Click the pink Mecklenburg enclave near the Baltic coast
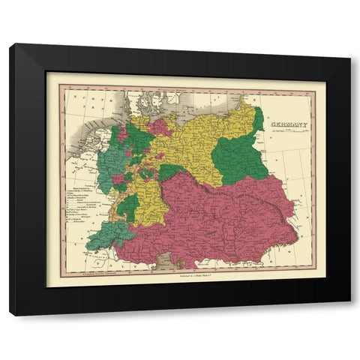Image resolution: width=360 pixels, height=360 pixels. point(159,126)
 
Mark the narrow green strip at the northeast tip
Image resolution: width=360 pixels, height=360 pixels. point(259,120)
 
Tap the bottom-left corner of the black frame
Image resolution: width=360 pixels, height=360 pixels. point(10,314)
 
